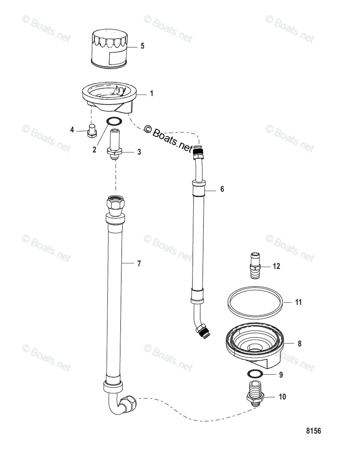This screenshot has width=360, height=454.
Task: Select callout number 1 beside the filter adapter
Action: (152, 93)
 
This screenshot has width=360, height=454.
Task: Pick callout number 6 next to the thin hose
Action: (222, 189)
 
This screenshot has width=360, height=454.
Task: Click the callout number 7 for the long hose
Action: (139, 264)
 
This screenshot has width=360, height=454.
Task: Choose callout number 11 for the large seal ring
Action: (298, 302)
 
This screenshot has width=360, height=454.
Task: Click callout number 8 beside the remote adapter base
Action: (299, 344)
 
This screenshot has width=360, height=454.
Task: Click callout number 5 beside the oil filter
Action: (142, 46)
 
